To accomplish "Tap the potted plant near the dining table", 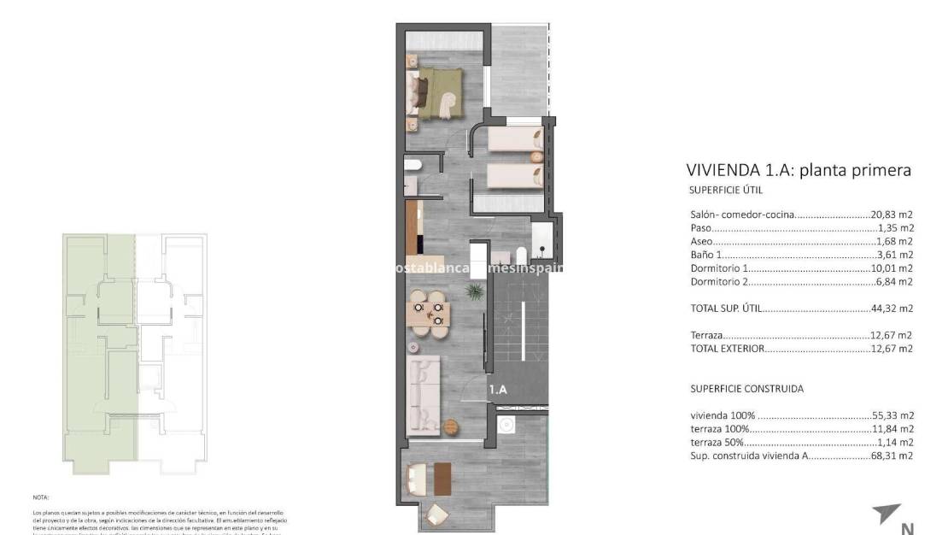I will coord(472,292).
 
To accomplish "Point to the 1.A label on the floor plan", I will coord(498,390).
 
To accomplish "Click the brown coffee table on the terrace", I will coord(442,479).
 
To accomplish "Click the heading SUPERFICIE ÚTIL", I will coord(725,191).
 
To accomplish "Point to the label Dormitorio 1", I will coord(719,268).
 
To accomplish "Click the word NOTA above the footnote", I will coord(42,497).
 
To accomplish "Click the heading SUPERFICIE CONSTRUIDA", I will coord(746,389).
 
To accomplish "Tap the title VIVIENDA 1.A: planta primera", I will coord(799,170).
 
